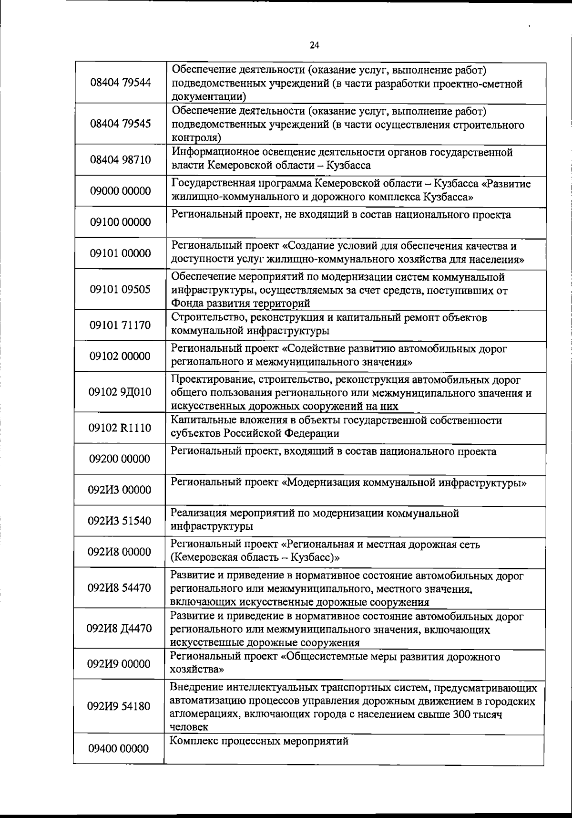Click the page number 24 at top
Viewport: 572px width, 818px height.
tap(314, 45)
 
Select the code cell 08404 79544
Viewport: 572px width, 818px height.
tap(120, 83)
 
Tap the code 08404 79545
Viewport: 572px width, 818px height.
tap(120, 124)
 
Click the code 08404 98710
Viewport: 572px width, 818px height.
tap(120, 159)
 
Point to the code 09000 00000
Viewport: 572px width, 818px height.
tap(120, 191)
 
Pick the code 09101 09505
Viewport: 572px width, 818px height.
tap(120, 290)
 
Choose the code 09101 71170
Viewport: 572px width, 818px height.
tap(120, 325)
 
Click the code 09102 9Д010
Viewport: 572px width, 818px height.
tap(120, 392)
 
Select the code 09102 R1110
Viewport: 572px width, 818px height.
tap(120, 428)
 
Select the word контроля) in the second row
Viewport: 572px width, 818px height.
tap(196, 138)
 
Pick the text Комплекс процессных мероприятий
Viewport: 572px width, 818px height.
tap(259, 741)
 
